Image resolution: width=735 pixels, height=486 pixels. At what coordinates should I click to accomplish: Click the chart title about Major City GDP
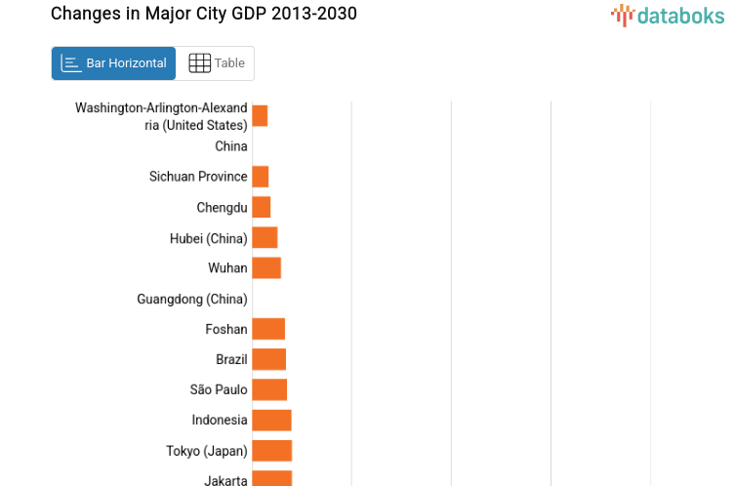click(203, 14)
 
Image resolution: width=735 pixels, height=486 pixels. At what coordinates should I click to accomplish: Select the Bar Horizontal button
click(113, 63)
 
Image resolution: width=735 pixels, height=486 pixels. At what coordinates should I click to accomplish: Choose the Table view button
click(216, 63)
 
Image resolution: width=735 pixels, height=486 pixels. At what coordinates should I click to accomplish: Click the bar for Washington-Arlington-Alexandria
click(260, 116)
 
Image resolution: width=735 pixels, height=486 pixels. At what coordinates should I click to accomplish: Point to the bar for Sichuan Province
click(261, 177)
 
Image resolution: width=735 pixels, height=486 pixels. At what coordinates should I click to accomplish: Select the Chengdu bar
click(262, 207)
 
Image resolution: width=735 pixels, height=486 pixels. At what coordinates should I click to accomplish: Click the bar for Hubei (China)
click(265, 237)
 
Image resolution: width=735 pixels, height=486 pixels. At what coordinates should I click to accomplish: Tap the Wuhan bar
click(266, 267)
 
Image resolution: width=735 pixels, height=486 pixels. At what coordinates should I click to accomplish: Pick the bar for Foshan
click(268, 329)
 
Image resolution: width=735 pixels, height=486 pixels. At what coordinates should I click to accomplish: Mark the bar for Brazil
click(269, 359)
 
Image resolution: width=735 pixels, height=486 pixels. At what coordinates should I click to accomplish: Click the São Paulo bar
click(269, 389)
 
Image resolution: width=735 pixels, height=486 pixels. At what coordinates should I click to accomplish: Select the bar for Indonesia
click(271, 420)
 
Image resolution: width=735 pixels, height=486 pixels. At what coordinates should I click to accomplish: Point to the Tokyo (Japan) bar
click(272, 450)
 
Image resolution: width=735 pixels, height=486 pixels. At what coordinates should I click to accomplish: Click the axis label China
click(231, 146)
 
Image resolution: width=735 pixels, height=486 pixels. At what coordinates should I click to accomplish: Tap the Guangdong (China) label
click(192, 299)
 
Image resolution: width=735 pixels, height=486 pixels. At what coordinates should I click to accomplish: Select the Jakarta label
click(225, 479)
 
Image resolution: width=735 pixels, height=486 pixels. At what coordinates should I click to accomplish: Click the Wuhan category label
click(227, 267)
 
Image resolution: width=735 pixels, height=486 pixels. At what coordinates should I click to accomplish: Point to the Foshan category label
click(226, 329)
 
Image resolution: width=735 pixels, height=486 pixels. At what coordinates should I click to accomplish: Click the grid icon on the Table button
click(199, 63)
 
